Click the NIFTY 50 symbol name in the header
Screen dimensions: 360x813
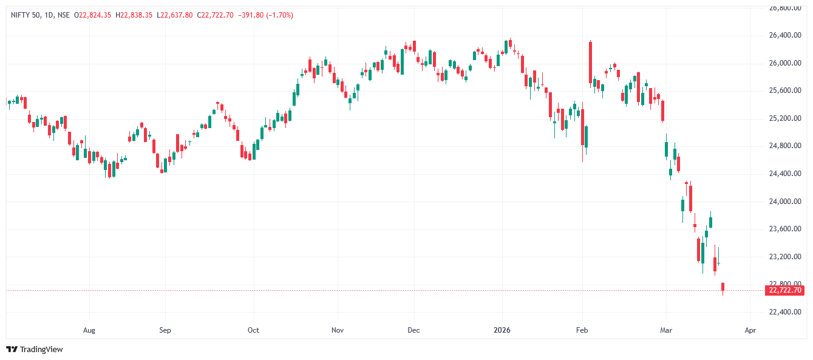24,15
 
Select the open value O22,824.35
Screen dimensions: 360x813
92,15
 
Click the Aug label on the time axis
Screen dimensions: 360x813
89,331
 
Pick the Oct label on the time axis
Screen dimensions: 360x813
253,331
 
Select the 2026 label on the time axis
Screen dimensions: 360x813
502,331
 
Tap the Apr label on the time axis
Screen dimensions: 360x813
750,331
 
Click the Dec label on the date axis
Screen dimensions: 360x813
413,331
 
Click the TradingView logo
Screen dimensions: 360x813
35,350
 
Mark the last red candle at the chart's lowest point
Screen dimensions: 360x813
723,287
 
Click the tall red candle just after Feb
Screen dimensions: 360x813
590,63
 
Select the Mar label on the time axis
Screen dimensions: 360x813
666,331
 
